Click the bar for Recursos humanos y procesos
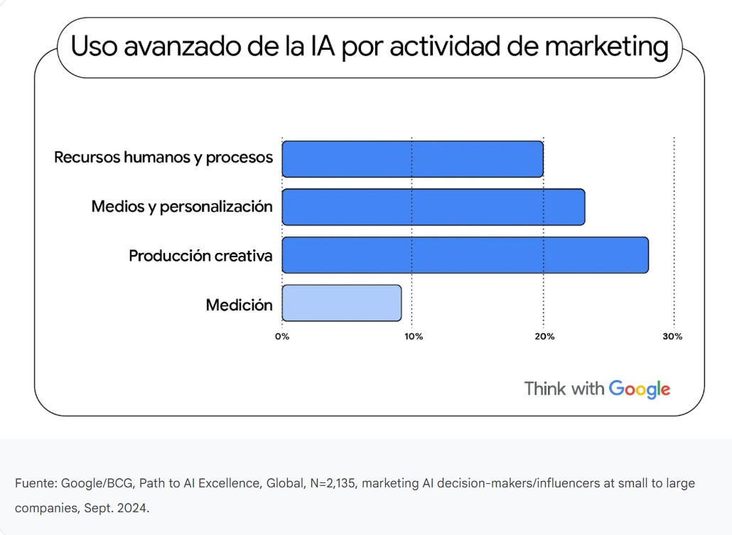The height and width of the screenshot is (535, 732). tap(412, 158)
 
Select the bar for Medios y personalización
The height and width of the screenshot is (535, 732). tap(434, 207)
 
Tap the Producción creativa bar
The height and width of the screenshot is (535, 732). tap(465, 255)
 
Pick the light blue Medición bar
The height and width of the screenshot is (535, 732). tap(342, 303)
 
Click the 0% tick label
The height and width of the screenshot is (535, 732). tap(282, 337)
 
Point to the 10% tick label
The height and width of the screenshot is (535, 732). tap(413, 337)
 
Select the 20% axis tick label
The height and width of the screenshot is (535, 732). tap(544, 337)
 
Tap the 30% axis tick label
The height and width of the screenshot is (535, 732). tap(672, 337)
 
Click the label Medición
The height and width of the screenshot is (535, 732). tap(239, 305)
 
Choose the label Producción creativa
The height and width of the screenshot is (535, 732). tap(200, 256)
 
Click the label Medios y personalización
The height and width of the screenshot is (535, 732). tap(182, 207)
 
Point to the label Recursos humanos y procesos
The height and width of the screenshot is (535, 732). tap(163, 157)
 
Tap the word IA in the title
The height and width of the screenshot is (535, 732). tap(318, 47)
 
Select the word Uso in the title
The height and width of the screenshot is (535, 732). tap(95, 47)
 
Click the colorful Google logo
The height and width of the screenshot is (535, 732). tap(640, 389)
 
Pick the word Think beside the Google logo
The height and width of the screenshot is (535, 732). tap(544, 389)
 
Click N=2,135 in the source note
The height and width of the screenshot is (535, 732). tap(333, 484)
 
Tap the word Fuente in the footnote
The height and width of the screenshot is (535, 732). tap(35, 484)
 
